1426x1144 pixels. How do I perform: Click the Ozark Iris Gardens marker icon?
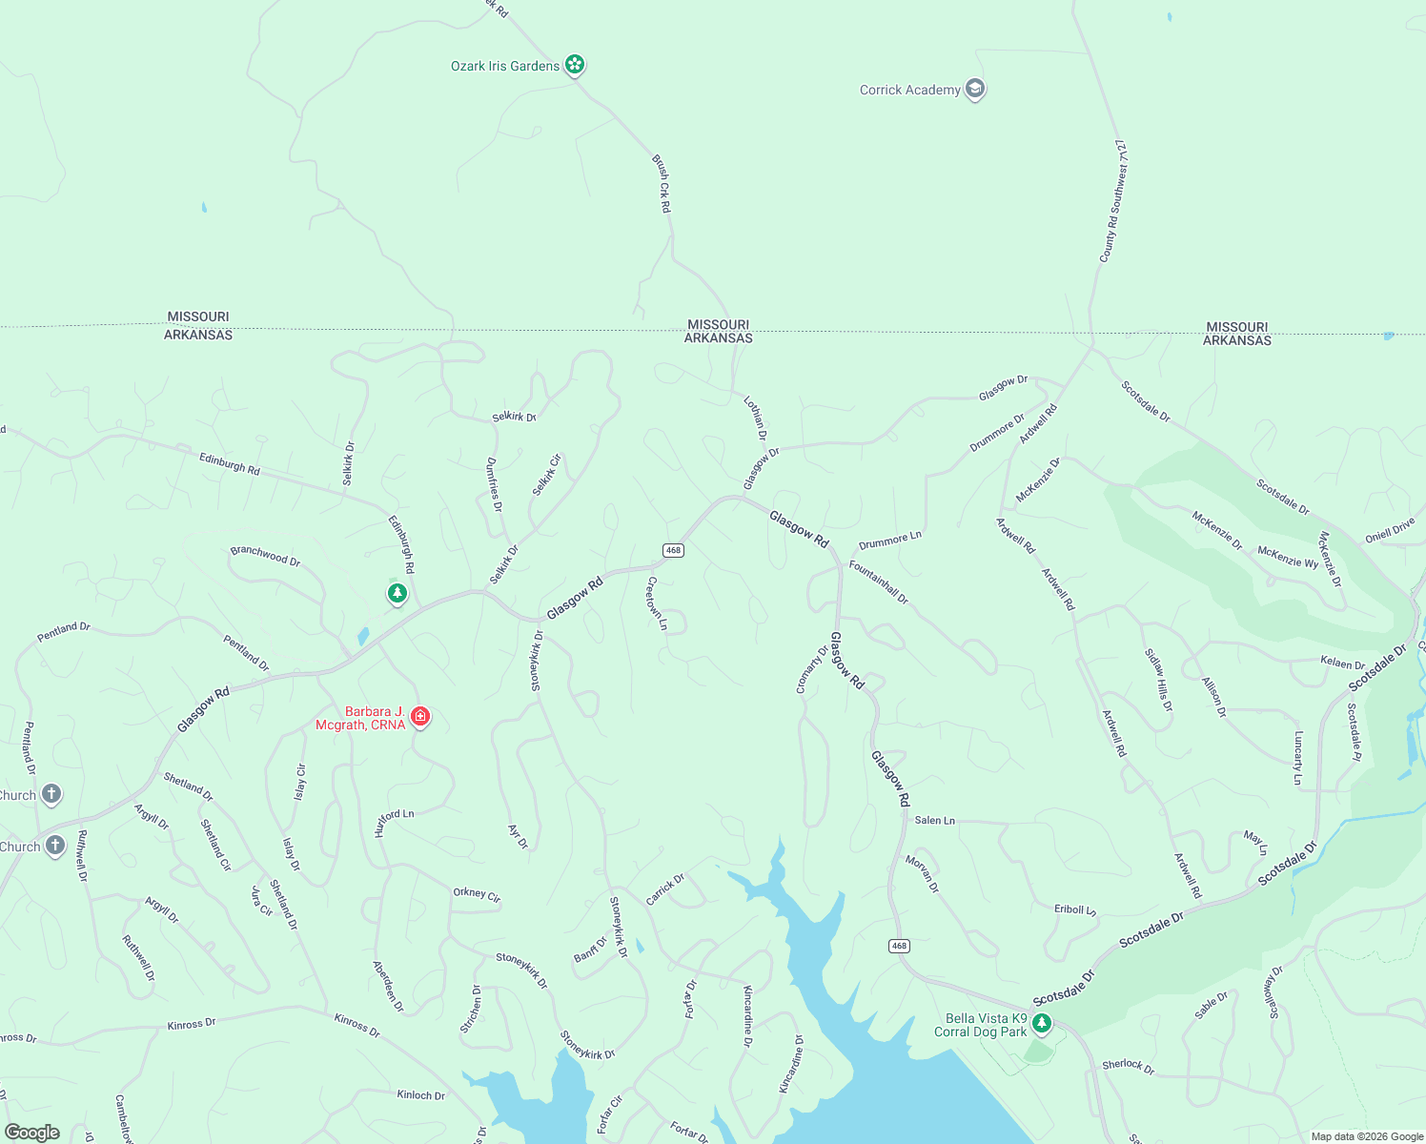pos(574,65)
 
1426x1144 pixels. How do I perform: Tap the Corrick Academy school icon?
pos(974,90)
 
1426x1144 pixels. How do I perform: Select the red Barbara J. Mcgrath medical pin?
pos(420,716)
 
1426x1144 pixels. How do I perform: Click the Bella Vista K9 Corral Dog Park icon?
pos(1042,1023)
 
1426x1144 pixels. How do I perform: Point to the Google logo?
pos(31,1133)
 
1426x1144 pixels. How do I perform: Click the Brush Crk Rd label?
pos(662,183)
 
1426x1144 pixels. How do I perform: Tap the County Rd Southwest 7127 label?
pos(1113,201)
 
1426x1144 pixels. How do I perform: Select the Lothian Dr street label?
pos(756,418)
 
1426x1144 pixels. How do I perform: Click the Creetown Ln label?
pos(657,603)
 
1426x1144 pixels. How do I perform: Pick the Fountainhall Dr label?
pos(879,582)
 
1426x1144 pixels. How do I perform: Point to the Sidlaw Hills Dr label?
pos(1159,681)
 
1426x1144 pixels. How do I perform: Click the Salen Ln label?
pos(934,820)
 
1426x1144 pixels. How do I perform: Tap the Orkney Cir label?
pos(477,894)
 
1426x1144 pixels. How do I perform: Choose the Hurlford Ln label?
pos(394,822)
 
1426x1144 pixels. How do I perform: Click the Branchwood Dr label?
pos(265,556)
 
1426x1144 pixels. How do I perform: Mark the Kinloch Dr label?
pos(420,1095)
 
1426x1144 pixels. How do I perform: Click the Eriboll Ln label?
pos(1075,909)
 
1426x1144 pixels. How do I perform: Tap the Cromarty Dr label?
pos(812,669)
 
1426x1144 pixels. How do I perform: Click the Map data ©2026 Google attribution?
pos(1367,1136)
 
